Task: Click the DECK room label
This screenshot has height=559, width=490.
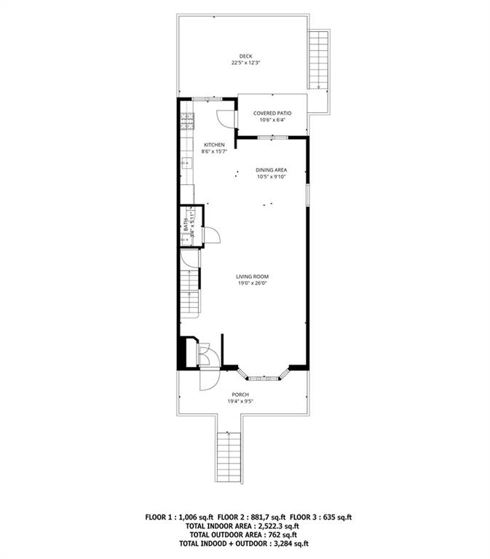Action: pyautogui.click(x=245, y=55)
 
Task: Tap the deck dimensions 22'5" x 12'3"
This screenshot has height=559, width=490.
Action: pyautogui.click(x=245, y=63)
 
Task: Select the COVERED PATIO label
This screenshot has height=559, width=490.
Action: pyautogui.click(x=272, y=113)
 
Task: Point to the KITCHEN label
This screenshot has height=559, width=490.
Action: pyautogui.click(x=214, y=144)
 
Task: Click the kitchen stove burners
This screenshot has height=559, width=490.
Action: pyautogui.click(x=186, y=119)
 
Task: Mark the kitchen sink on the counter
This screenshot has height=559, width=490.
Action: pyautogui.click(x=186, y=163)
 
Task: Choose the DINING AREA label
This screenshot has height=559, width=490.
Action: pyautogui.click(x=271, y=170)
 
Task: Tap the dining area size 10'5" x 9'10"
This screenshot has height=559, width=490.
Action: pyautogui.click(x=271, y=177)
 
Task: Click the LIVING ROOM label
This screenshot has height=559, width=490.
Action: pyautogui.click(x=253, y=277)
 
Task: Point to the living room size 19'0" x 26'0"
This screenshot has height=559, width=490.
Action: pyautogui.click(x=253, y=284)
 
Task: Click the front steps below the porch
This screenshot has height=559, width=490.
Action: pyautogui.click(x=229, y=456)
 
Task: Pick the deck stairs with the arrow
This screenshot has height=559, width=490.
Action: pyautogui.click(x=317, y=58)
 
